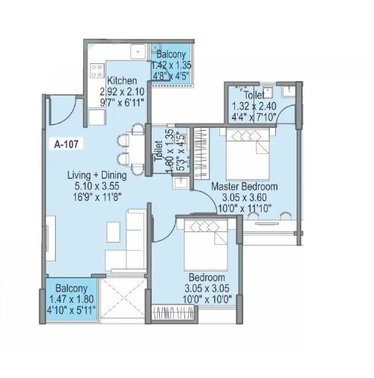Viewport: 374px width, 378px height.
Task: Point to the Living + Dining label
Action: tap(97, 176)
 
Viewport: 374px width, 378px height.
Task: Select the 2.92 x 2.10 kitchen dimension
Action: tap(123, 92)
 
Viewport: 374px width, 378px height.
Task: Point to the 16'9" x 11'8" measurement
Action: tap(97, 197)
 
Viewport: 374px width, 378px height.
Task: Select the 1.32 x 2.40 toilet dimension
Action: tap(253, 106)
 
